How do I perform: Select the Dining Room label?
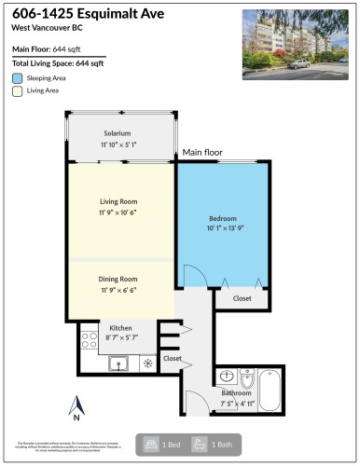(118, 279)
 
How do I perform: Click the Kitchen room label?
(121, 328)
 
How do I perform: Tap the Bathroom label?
(237, 393)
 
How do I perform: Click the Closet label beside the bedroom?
(242, 298)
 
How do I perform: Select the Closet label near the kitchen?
(173, 358)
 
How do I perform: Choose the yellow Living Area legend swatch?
(18, 92)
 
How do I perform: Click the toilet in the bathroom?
(247, 377)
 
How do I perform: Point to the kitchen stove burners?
(90, 339)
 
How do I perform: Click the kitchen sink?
(118, 363)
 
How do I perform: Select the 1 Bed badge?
(160, 445)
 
